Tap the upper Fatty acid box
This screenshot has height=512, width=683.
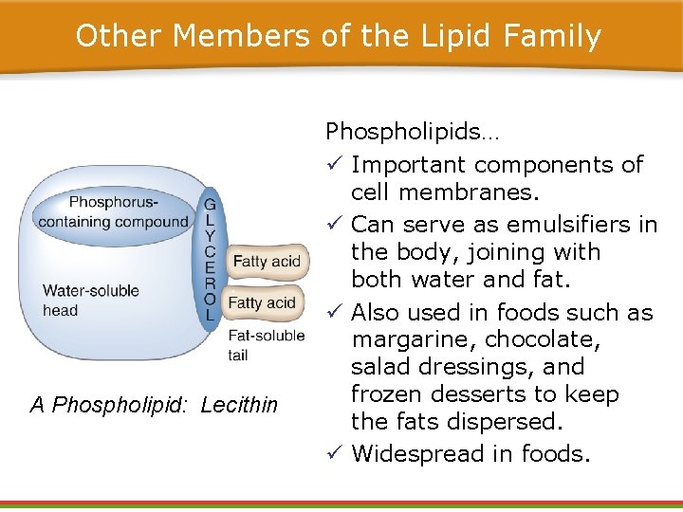click(x=267, y=262)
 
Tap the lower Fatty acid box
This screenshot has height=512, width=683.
click(x=262, y=303)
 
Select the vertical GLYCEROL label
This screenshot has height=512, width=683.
click(x=210, y=260)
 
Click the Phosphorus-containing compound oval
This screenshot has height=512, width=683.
click(x=114, y=212)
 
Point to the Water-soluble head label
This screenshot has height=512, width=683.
click(x=90, y=301)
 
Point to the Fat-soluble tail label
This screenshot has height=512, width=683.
click(x=267, y=345)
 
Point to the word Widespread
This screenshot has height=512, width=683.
click(x=414, y=454)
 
